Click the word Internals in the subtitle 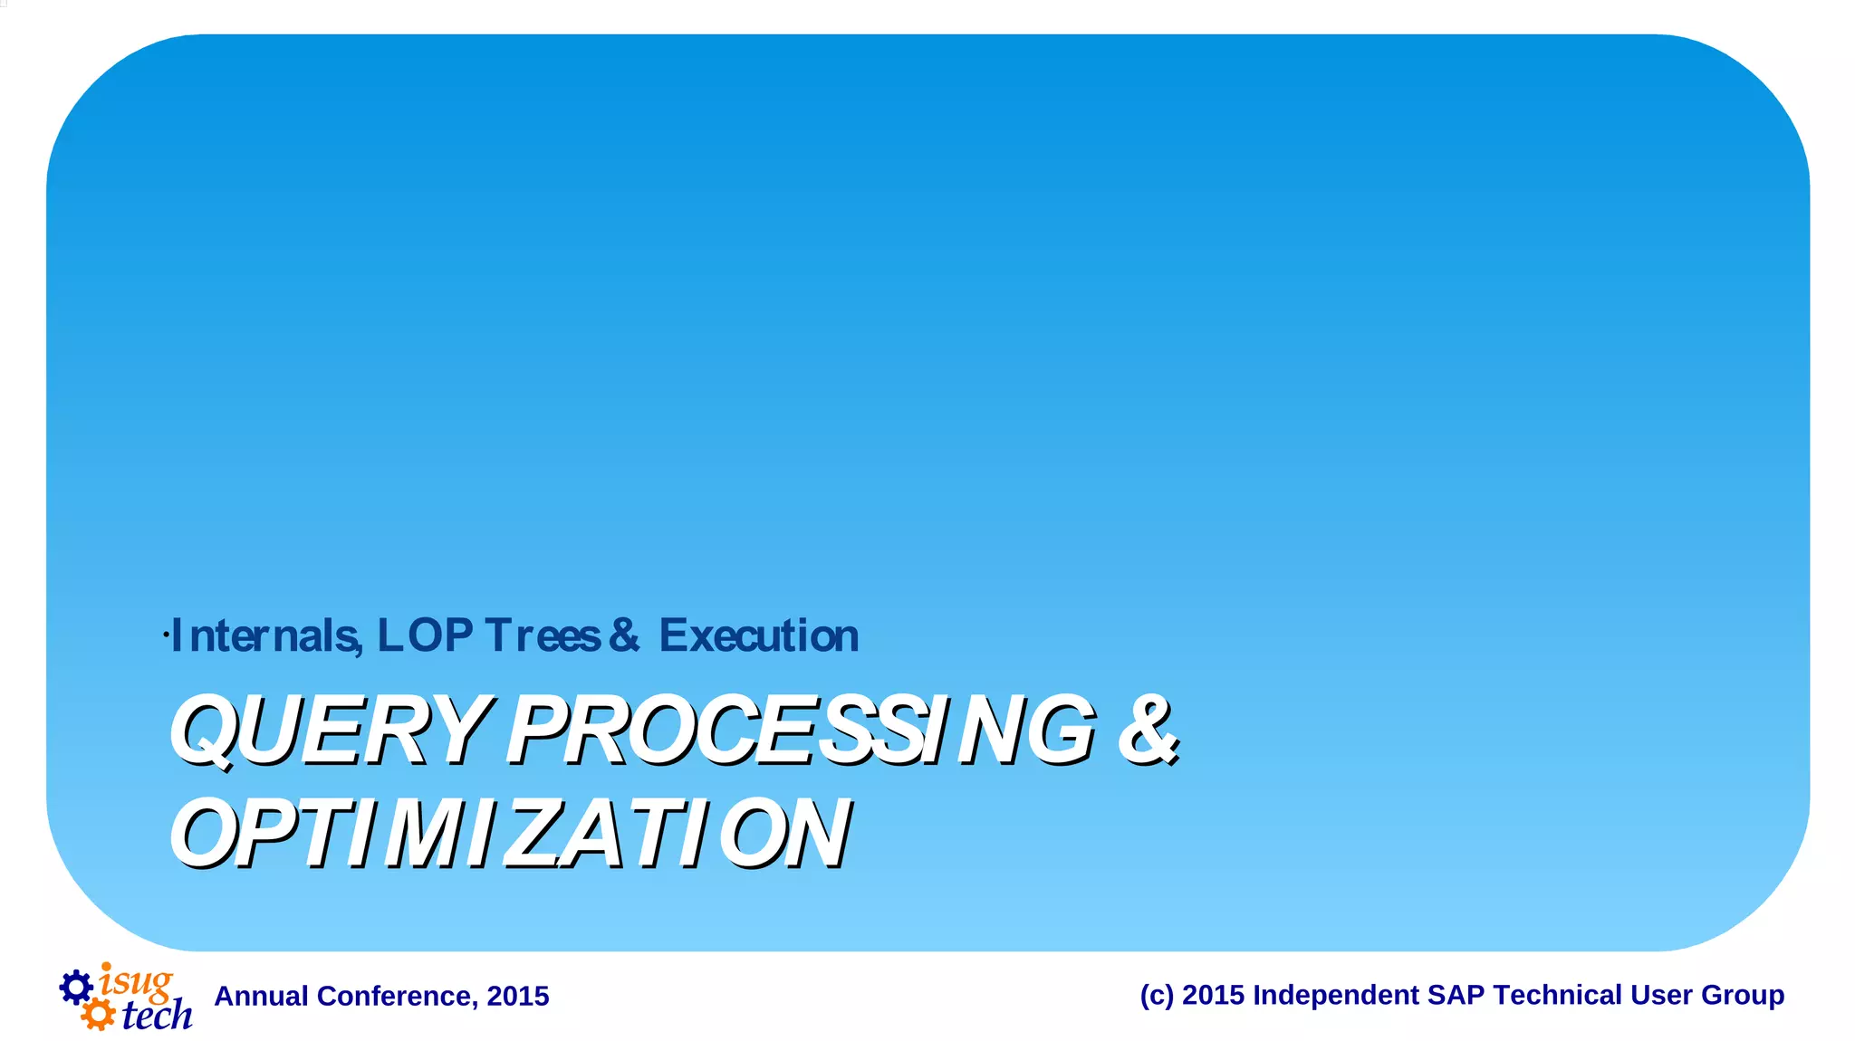266,635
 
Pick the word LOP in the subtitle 425,635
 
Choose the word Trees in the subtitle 543,635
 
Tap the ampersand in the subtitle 624,635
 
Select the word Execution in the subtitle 759,635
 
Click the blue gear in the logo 76,987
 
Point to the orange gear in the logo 97,1014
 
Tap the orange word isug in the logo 136,981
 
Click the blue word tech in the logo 157,1015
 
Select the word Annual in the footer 261,996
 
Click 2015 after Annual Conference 518,996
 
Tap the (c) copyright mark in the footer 1157,995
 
